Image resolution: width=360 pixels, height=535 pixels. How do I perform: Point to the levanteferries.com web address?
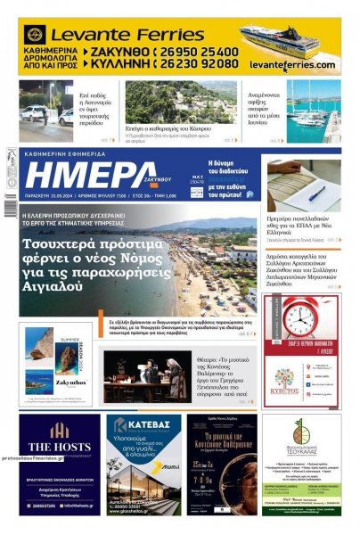pos(291,65)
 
